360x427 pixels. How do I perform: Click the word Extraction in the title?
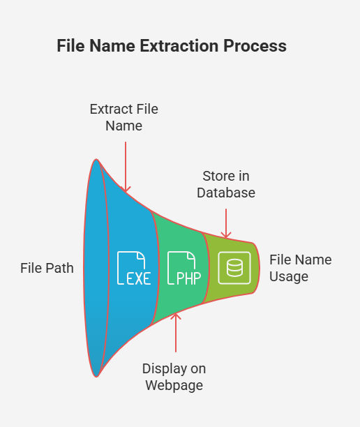pos(179,45)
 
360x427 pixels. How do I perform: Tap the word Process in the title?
pos(255,45)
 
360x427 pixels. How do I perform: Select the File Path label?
pos(47,268)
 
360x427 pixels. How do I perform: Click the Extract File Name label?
pos(124,117)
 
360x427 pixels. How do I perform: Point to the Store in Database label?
pos(226,184)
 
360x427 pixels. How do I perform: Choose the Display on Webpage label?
pos(174,377)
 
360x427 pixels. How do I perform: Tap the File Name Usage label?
pos(301,268)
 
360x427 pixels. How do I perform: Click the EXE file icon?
pos(134,268)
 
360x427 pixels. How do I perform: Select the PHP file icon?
pos(184,268)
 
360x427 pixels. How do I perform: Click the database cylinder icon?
pos(234,268)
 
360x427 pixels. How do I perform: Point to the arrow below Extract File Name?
pos(126,167)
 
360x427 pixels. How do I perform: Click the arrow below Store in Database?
pos(226,223)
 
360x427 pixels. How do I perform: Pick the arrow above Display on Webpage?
pos(176,333)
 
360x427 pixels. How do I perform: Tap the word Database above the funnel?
pos(226,193)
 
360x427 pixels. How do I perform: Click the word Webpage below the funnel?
pos(174,385)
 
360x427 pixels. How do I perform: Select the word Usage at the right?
pos(289,277)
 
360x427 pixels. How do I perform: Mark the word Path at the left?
pos(59,268)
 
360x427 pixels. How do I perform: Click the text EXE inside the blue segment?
pos(139,278)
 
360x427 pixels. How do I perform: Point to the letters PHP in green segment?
pos(189,278)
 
